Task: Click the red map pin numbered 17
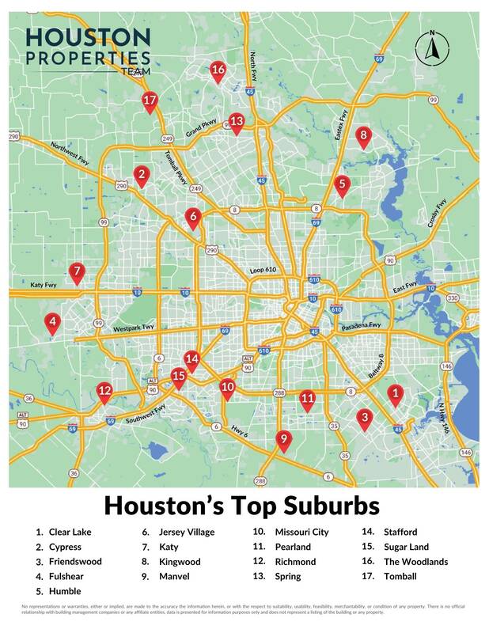point(150,100)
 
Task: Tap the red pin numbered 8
point(363,135)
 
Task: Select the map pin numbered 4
point(52,322)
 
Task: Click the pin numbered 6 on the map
point(193,216)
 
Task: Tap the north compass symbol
point(432,49)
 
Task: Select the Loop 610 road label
point(267,271)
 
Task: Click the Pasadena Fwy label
point(362,325)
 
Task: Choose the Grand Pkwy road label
point(201,128)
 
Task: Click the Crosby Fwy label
point(438,214)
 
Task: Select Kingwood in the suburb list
point(180,562)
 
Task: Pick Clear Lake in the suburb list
point(70,532)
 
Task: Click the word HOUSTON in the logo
point(87,37)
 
